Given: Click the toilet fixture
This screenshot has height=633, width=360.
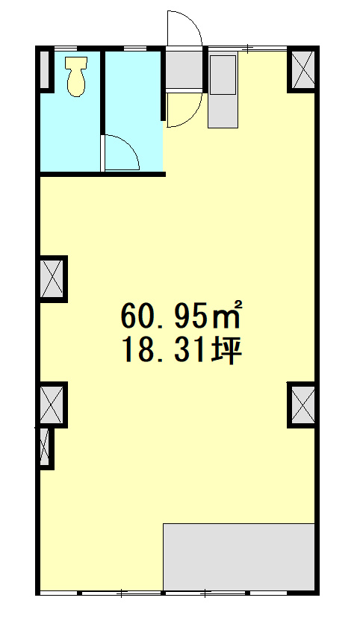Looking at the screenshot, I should [x=75, y=78].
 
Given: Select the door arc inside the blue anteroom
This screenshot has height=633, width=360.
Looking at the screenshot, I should [x=120, y=152].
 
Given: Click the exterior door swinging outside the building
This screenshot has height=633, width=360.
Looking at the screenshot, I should [x=184, y=30].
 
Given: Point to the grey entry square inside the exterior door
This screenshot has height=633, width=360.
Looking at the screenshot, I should [x=182, y=69].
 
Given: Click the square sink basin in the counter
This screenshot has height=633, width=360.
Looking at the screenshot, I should [x=223, y=75].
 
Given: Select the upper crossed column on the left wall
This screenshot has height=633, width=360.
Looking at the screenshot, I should [x=52, y=278].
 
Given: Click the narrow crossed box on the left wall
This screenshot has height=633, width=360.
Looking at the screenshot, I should [x=45, y=447].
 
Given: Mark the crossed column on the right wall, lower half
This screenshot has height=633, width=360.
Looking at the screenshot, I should [x=303, y=404].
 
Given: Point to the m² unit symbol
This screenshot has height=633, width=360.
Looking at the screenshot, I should [x=229, y=316].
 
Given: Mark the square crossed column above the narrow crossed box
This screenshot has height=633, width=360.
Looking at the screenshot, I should [x=52, y=403].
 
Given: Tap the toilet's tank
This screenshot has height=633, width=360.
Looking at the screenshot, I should [x=75, y=63].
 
